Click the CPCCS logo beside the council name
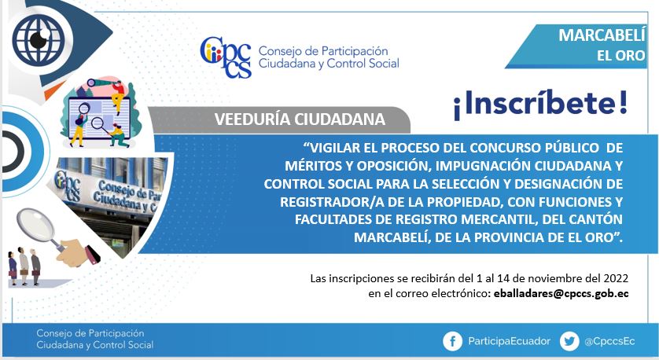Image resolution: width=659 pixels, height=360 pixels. [x=226, y=58]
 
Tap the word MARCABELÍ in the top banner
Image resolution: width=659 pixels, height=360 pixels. [x=602, y=35]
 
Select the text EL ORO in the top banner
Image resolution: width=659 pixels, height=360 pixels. [x=620, y=56]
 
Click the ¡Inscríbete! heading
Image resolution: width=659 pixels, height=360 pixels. [x=540, y=105]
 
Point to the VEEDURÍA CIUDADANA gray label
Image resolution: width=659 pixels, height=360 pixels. [x=300, y=119]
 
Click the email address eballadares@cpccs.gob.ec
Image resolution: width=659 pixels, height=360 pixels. [x=561, y=294]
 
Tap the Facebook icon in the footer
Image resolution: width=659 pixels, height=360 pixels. [x=452, y=341]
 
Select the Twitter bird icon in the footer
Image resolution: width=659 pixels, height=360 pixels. [x=569, y=341]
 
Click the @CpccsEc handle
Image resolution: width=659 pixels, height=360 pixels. [x=609, y=341]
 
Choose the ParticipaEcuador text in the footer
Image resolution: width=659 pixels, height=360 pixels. [x=509, y=341]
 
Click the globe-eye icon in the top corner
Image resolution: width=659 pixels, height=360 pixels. [x=38, y=40]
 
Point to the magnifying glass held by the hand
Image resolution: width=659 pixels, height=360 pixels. [x=37, y=226]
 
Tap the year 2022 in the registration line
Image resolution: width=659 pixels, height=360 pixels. [x=616, y=278]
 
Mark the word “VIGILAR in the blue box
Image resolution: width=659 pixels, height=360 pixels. [x=332, y=148]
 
